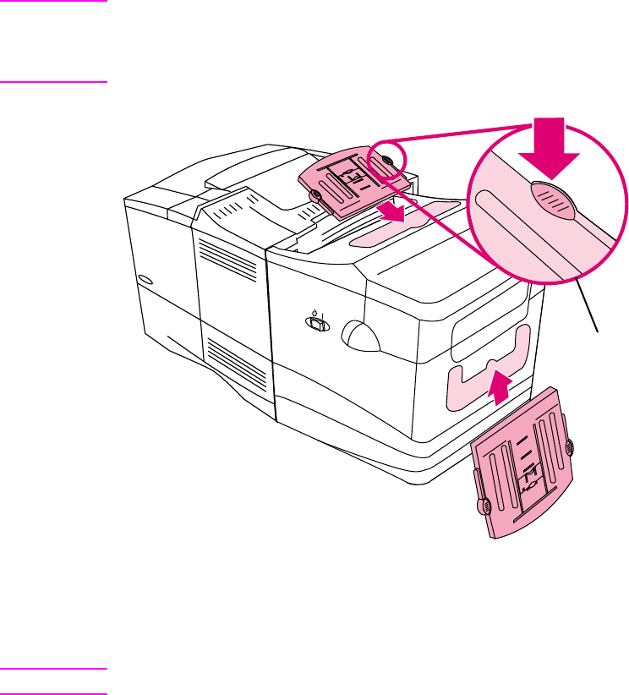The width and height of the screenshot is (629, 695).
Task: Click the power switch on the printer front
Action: (315, 323)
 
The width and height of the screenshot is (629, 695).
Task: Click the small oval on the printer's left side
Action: (145, 281)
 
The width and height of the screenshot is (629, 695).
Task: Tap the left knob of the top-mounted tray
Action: (315, 197)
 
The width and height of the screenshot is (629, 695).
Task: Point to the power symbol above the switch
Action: (314, 310)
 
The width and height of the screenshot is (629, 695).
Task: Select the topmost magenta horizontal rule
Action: (54, 2)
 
